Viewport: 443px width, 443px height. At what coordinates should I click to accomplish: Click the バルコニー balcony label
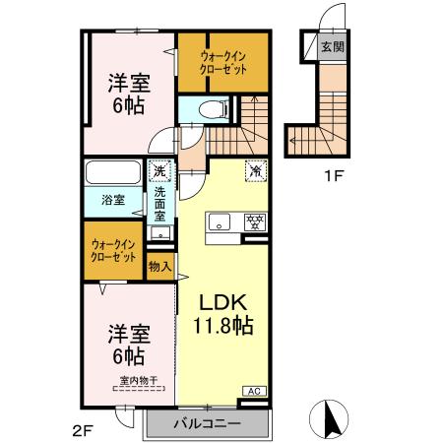(208, 424)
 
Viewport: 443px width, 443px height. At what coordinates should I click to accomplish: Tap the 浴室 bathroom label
(115, 200)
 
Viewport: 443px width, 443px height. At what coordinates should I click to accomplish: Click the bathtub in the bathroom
(115, 175)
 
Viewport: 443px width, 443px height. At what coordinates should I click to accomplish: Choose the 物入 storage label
(160, 265)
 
